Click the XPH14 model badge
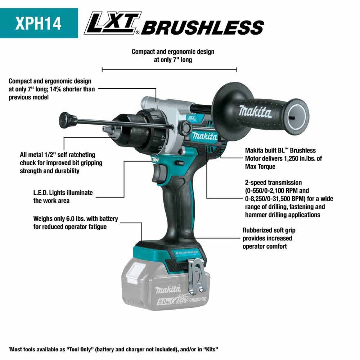point(39,23)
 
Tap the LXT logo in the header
point(112,24)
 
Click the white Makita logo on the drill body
point(204,136)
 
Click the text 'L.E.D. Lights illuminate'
point(63,193)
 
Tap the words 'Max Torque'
point(260,166)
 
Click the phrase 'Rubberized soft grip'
point(269,230)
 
